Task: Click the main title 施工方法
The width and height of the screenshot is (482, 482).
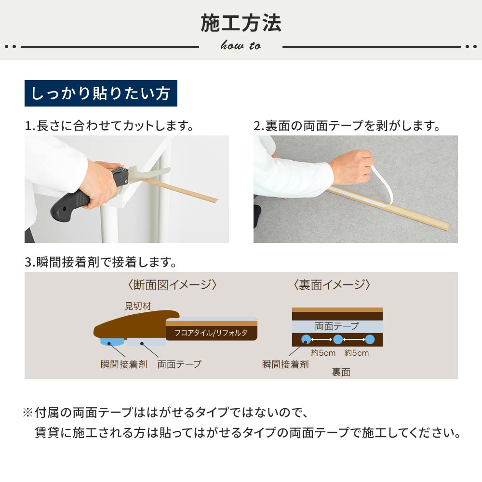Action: pyautogui.click(x=241, y=23)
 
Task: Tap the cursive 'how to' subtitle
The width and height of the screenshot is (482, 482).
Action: pyautogui.click(x=241, y=46)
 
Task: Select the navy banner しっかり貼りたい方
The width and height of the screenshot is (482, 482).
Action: pyautogui.click(x=101, y=93)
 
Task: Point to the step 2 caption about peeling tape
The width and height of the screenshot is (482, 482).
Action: pyautogui.click(x=347, y=126)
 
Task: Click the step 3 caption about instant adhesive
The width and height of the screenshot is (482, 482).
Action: pyautogui.click(x=101, y=262)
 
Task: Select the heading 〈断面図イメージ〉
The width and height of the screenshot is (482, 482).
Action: pyautogui.click(x=172, y=285)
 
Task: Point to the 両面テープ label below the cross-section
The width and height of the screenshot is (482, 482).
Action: pyautogui.click(x=179, y=364)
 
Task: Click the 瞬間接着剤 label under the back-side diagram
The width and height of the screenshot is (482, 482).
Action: pyautogui.click(x=285, y=364)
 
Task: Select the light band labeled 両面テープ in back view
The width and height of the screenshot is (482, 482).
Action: pyautogui.click(x=337, y=326)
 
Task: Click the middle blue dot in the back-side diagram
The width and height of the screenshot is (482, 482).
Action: pyautogui.click(x=338, y=339)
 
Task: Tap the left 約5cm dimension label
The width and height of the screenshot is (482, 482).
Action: pyautogui.click(x=323, y=353)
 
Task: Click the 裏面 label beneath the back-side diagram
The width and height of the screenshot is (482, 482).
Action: pyautogui.click(x=341, y=372)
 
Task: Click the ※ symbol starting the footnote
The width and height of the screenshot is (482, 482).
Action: pyautogui.click(x=27, y=413)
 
